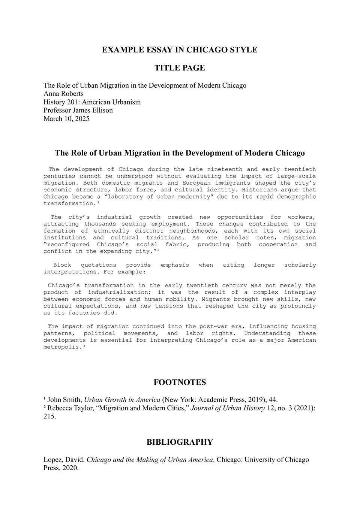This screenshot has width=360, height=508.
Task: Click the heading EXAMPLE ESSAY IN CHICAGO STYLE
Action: [180, 50]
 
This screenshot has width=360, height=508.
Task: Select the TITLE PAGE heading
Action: [180, 68]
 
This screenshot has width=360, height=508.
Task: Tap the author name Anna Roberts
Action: [63, 94]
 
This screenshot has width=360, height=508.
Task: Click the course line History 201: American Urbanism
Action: [92, 102]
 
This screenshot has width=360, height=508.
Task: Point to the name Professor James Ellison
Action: [78, 110]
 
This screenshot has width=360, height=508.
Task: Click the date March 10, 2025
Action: [66, 119]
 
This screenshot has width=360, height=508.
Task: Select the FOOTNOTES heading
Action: [180, 382]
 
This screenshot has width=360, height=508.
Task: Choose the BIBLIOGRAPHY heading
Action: [180, 442]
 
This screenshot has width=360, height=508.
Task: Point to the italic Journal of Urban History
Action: [228, 408]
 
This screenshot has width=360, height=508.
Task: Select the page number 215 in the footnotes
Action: [49, 416]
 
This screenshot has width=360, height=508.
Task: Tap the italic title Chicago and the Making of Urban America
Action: [150, 460]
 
